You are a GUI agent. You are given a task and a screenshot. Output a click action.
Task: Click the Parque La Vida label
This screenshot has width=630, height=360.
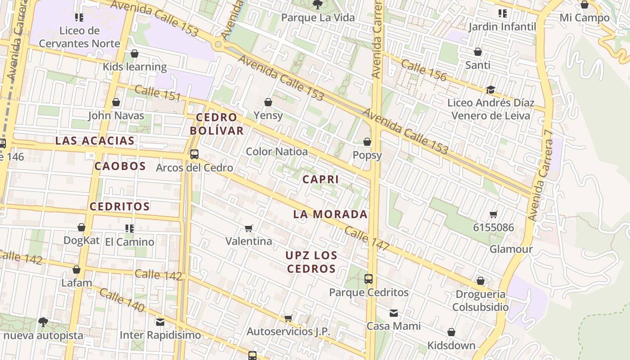point(318,18)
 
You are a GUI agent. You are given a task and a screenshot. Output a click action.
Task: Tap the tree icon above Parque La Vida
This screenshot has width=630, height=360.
point(318,4)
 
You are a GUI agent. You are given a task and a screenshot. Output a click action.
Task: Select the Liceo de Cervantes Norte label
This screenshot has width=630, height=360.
point(80,37)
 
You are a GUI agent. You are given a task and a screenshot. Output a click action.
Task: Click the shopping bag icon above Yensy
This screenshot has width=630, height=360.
point(268,103)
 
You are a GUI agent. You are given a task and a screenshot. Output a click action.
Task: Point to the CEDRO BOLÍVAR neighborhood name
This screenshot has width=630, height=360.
point(216,124)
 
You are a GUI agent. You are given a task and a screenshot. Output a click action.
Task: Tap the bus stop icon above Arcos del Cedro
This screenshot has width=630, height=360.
point(194,154)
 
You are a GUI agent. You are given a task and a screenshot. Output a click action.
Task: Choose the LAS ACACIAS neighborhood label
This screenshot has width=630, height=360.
point(94,141)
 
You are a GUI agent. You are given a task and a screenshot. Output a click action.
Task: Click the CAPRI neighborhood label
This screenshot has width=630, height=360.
point(320,180)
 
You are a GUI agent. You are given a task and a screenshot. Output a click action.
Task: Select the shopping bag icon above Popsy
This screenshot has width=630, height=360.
point(367,142)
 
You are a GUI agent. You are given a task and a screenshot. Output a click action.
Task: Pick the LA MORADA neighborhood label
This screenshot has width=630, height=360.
point(330,214)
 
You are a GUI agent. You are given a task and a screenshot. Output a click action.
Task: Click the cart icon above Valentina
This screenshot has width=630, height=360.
point(249,229)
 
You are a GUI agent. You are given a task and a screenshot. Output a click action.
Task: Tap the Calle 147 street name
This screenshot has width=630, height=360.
point(367,238)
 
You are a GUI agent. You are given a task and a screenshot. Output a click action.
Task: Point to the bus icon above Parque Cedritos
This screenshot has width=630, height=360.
point(369,279)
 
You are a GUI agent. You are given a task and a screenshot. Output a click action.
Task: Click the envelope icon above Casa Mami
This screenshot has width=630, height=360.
point(394,313)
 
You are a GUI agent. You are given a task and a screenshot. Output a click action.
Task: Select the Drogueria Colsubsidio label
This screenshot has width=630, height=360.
point(480,301)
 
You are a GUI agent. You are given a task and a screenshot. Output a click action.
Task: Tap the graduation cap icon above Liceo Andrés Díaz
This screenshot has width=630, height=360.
point(490,90)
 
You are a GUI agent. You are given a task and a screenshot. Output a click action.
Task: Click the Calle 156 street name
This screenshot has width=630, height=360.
point(423,71)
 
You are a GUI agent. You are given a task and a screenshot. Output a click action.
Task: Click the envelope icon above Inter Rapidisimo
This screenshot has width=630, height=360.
point(160,322)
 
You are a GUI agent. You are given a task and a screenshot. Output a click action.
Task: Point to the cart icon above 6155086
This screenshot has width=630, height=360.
point(493,215)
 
